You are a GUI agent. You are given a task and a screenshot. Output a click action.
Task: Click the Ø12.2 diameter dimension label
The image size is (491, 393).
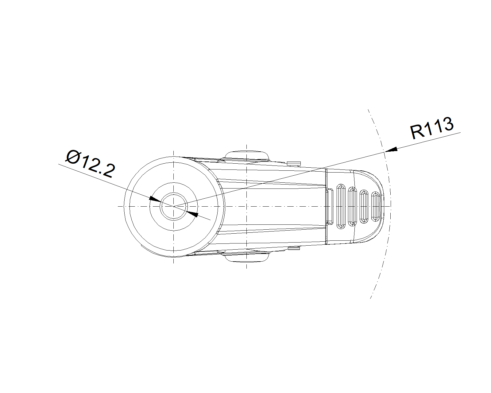click(91, 164)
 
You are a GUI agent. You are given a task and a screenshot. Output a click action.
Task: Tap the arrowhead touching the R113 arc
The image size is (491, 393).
click(391, 150)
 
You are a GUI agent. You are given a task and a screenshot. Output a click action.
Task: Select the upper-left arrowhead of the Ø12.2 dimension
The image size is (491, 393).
click(155, 199)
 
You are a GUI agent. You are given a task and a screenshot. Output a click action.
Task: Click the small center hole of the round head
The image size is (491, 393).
click(174, 206)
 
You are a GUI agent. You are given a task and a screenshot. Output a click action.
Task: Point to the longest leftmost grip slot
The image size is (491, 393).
click(341, 206)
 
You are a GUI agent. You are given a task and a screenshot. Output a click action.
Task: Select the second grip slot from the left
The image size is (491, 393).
click(353, 206)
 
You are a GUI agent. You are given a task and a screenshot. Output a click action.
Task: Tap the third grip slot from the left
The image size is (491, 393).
click(364, 206)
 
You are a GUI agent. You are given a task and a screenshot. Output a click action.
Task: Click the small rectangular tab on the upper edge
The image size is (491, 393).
click(294, 163)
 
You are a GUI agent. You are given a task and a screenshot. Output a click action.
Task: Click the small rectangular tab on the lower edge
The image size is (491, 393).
click(294, 248)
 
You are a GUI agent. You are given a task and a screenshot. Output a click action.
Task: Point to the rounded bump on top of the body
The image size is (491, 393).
click(247, 155)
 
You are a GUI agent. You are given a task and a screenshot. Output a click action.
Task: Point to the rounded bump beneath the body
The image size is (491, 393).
click(247, 257)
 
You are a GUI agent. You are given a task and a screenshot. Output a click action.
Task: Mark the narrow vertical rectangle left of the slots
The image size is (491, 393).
click(330, 206)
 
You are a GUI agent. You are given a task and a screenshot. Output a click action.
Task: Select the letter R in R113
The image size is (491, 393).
click(417, 132)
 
